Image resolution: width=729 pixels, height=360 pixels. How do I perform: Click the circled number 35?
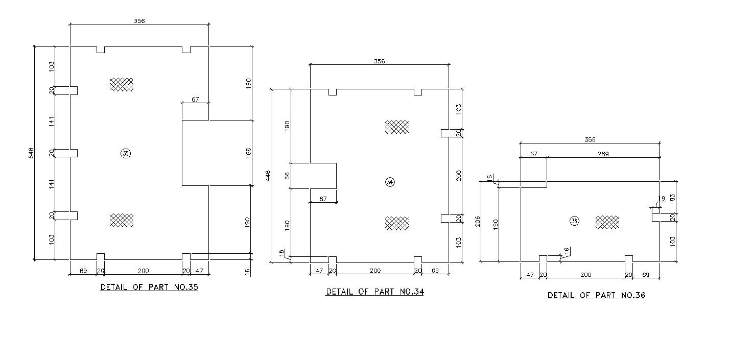click(125, 153)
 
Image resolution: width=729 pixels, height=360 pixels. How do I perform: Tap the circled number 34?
click(390, 182)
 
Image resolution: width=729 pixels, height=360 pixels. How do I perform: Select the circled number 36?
click(574, 221)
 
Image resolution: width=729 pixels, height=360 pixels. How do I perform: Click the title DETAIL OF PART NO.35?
click(149, 287)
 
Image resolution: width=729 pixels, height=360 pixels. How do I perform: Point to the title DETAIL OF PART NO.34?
click(375, 292)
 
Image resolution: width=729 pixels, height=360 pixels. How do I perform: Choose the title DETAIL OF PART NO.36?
click(596, 296)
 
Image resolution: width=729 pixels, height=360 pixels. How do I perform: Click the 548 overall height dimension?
click(31, 153)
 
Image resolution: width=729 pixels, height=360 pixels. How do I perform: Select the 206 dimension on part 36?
click(478, 221)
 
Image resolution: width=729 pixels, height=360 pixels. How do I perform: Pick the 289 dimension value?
click(603, 154)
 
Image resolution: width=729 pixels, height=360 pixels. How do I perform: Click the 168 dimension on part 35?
click(248, 153)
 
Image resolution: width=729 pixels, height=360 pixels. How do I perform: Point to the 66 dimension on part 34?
click(287, 176)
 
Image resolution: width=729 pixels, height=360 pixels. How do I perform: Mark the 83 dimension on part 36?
click(673, 196)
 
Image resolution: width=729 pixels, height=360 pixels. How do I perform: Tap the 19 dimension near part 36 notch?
click(662, 199)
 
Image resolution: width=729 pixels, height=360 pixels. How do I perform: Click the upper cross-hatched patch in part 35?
click(122, 84)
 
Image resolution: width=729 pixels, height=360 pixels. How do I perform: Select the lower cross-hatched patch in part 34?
click(397, 223)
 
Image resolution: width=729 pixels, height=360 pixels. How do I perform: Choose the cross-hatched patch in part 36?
click(607, 222)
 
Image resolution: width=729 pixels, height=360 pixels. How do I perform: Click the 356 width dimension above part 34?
click(379, 61)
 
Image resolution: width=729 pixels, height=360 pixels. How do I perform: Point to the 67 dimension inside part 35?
click(195, 100)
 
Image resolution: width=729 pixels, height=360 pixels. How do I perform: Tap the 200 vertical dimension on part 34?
click(458, 175)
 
